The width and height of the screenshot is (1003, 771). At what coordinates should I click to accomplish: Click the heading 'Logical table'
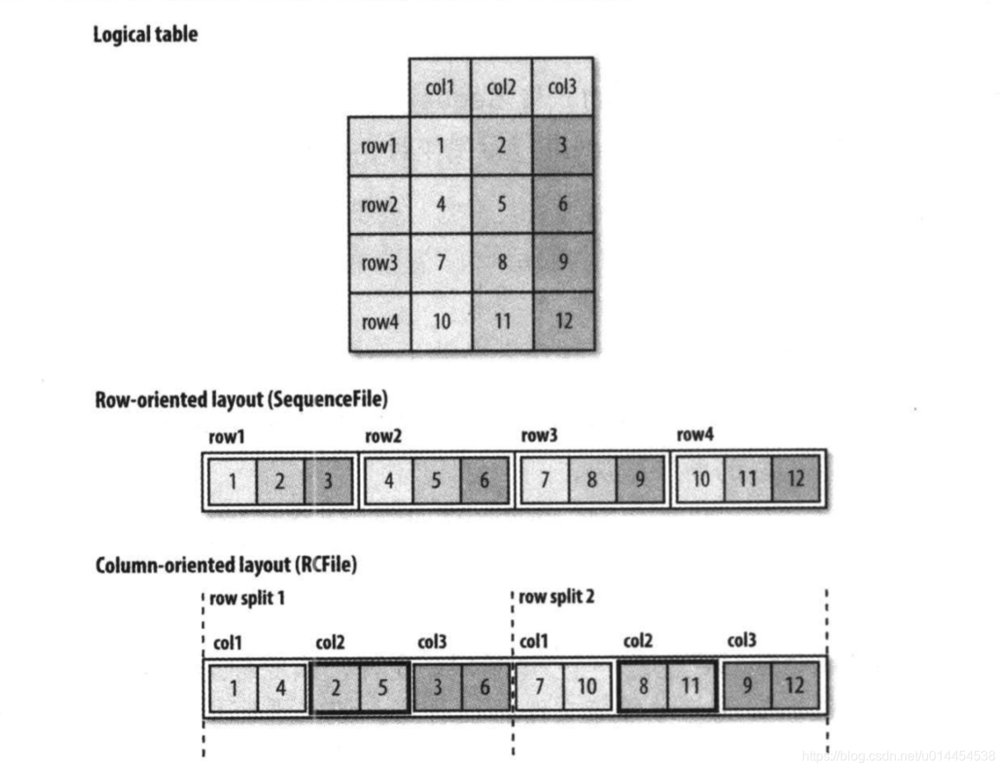tap(145, 35)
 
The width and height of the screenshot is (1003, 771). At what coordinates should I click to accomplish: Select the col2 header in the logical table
tap(501, 86)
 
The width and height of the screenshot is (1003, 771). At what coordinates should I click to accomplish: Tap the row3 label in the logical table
tap(378, 263)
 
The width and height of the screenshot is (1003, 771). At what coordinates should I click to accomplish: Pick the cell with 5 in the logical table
tap(501, 203)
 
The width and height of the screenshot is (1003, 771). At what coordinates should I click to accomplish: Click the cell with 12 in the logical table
tap(563, 321)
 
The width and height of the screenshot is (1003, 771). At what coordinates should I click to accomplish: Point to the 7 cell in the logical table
tap(440, 263)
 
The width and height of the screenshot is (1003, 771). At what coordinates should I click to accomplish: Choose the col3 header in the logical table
tap(562, 86)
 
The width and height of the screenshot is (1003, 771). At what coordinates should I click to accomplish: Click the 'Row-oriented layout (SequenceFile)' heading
tap(241, 400)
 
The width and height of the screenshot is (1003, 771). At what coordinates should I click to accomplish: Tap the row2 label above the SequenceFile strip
tap(383, 437)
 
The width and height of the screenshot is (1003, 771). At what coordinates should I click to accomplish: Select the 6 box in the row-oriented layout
tap(484, 479)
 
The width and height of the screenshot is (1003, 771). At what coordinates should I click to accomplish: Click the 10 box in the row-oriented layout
tap(700, 479)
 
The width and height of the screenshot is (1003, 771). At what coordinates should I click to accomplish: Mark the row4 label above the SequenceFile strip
tap(695, 437)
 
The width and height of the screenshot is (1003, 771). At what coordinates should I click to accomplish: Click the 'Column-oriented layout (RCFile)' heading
tap(226, 566)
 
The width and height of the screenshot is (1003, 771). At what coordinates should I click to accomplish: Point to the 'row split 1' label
tap(247, 598)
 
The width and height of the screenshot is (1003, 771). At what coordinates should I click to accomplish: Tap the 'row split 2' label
tap(556, 598)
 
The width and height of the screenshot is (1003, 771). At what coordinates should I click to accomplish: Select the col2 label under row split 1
tap(330, 642)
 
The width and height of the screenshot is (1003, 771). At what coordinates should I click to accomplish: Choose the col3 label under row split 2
tap(742, 642)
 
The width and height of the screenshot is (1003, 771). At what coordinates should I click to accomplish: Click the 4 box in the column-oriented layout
tap(280, 687)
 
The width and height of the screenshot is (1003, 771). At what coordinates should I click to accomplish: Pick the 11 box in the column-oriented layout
tap(690, 687)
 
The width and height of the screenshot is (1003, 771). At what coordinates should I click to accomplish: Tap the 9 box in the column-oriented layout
tap(747, 687)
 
